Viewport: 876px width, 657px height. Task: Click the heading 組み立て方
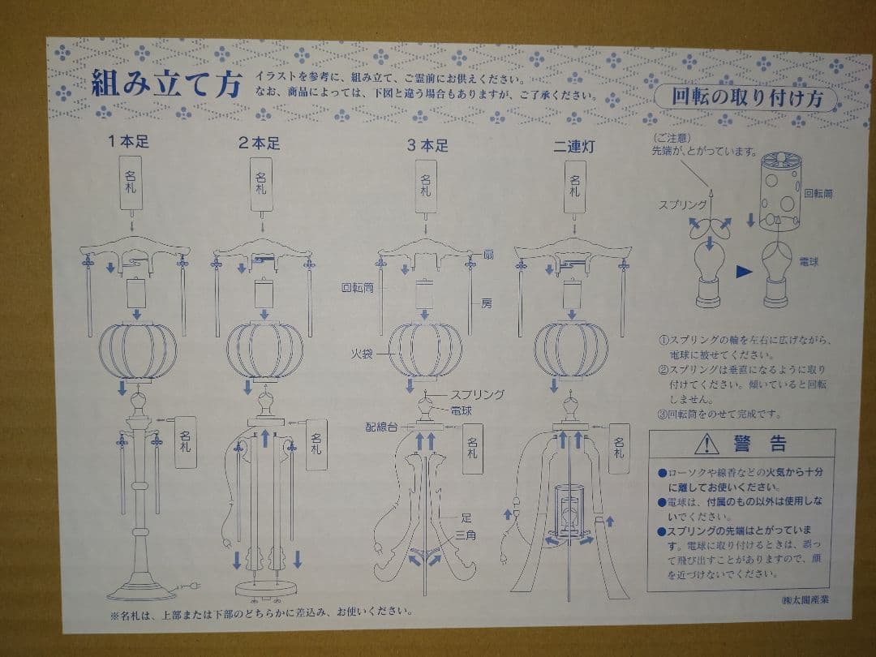tap(165, 84)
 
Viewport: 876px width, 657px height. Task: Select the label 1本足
tap(130, 143)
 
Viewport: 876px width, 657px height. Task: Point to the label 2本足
tap(260, 144)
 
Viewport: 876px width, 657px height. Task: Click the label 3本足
tap(427, 145)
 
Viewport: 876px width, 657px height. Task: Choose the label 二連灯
tap(573, 145)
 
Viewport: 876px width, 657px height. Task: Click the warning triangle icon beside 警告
tap(706, 443)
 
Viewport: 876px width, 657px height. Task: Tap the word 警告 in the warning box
tap(760, 444)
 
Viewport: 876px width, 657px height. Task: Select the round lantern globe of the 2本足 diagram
tap(264, 351)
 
